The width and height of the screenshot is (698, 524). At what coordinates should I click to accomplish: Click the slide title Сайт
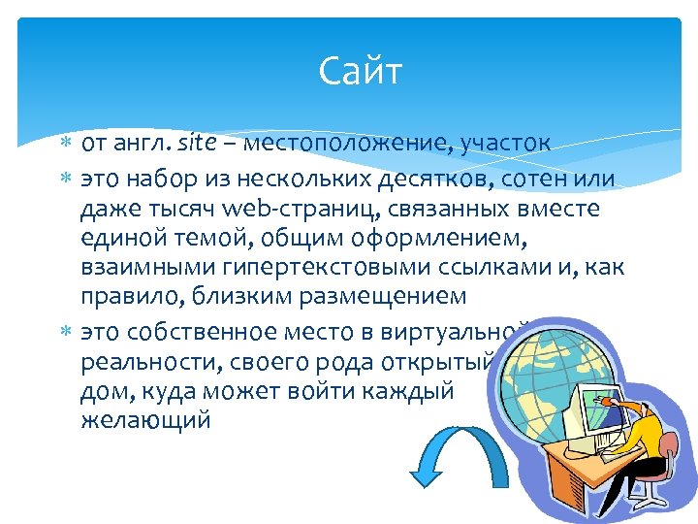pyautogui.click(x=359, y=72)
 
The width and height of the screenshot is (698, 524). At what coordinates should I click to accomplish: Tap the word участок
pyautogui.click(x=502, y=144)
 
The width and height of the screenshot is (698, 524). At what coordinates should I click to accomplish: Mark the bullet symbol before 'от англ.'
pyautogui.click(x=65, y=145)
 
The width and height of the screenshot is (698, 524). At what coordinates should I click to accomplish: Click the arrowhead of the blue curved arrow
pyautogui.click(x=426, y=475)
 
